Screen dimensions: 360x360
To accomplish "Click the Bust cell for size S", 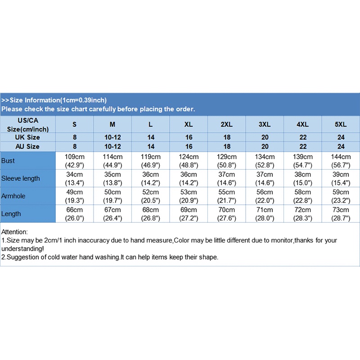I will (74, 161).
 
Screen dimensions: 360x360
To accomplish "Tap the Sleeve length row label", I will (21, 178).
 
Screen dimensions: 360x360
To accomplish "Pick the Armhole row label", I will (13, 196).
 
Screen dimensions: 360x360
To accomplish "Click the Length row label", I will (11, 214).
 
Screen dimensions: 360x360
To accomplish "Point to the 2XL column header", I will (226, 124).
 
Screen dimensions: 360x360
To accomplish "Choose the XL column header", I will (189, 124).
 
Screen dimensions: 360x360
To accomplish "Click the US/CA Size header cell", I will (28, 124).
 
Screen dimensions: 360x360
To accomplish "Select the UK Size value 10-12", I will (112, 137).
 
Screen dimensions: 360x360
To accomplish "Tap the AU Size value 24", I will (341, 146).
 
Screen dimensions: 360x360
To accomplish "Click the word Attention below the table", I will (15, 232).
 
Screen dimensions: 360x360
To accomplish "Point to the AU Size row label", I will (28, 146).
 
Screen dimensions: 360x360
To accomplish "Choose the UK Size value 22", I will (303, 137).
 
